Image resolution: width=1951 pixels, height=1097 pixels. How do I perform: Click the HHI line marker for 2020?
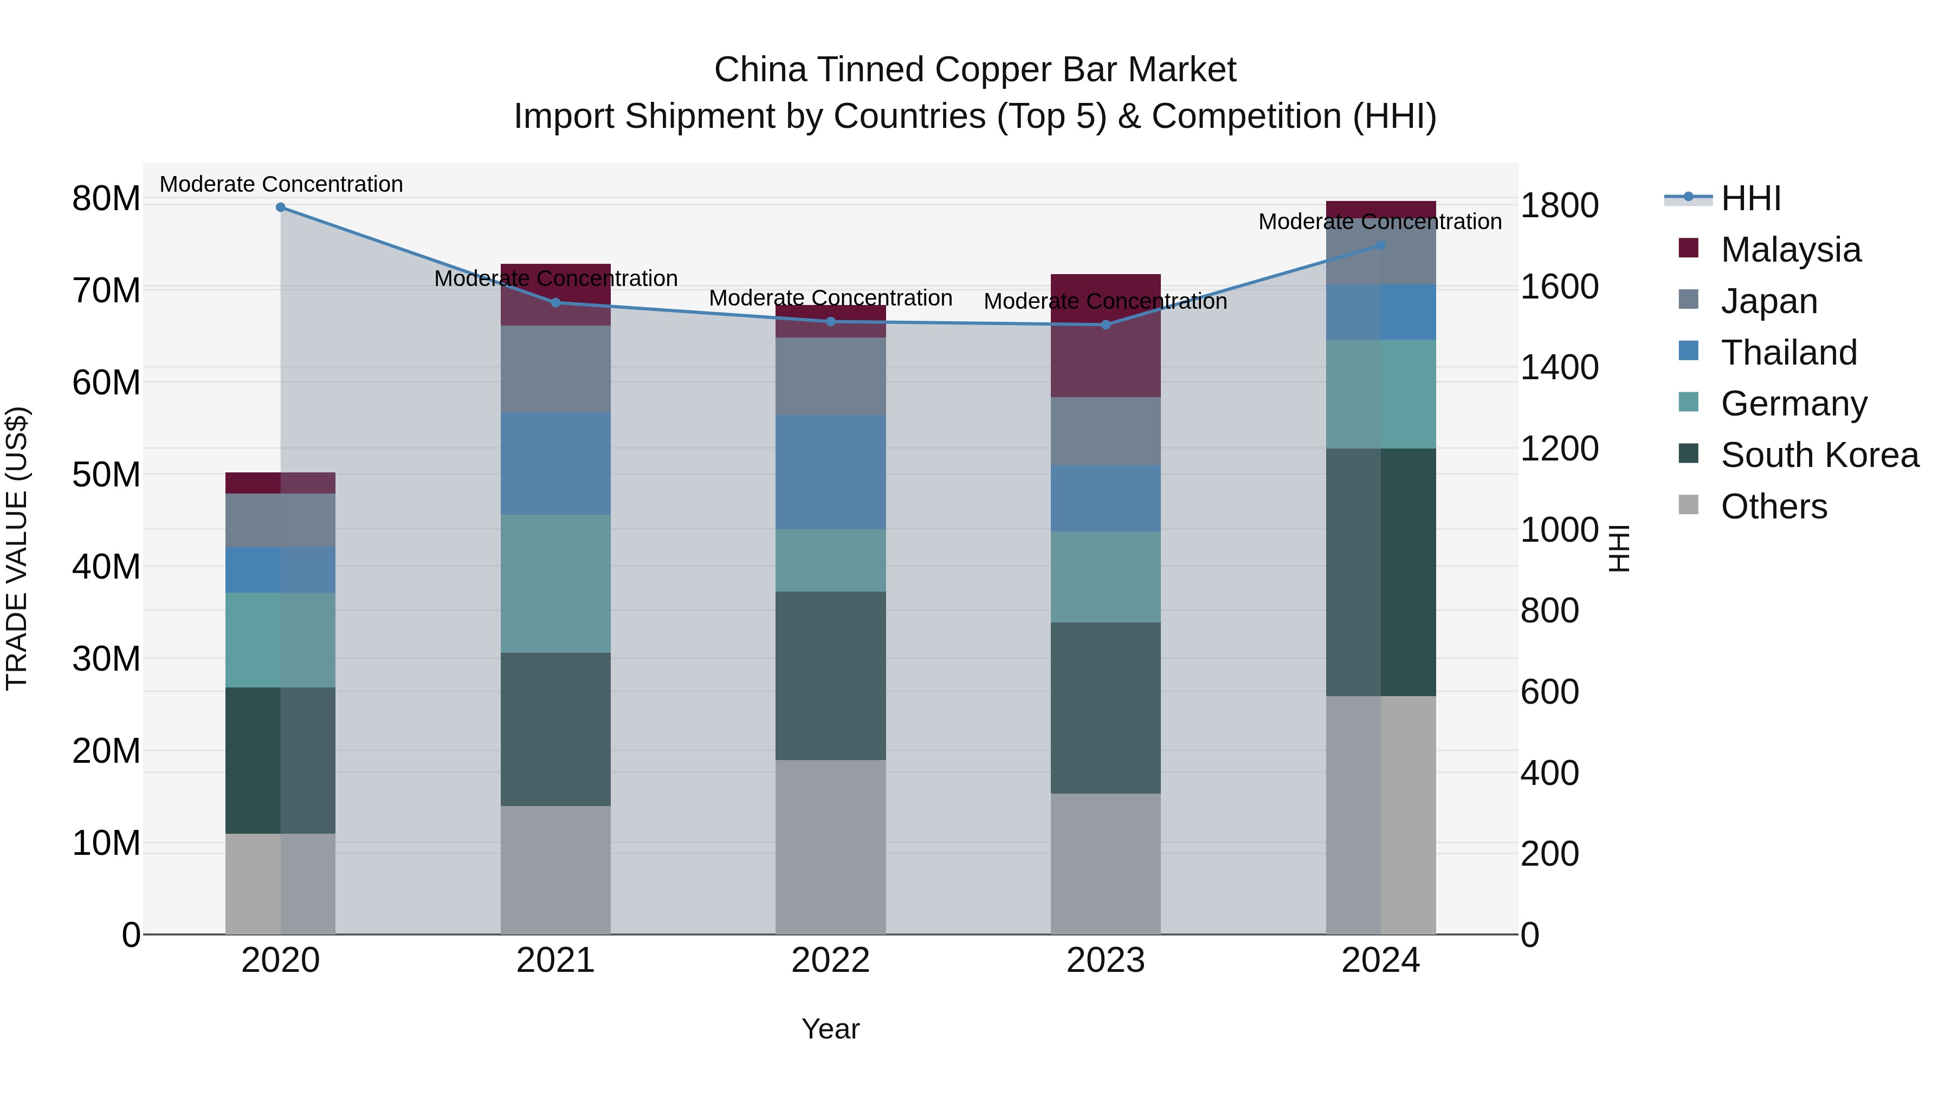click(x=280, y=207)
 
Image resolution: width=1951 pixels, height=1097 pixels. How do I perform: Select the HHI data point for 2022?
click(x=830, y=322)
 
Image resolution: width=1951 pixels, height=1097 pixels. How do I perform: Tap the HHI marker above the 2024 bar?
click(x=1380, y=245)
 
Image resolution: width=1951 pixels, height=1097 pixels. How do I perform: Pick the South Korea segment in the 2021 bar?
click(x=555, y=729)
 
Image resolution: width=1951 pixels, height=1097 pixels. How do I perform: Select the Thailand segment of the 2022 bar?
click(x=830, y=472)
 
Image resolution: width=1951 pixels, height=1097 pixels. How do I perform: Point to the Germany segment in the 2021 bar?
click(x=555, y=583)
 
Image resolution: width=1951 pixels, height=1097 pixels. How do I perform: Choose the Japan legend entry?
click(x=1768, y=301)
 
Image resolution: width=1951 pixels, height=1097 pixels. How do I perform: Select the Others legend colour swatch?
click(x=1688, y=505)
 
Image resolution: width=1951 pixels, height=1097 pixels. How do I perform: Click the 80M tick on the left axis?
click(x=106, y=199)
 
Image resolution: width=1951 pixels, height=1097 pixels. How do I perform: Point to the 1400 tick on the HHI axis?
click(x=1559, y=368)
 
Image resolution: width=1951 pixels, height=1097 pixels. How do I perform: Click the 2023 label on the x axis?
click(x=1105, y=960)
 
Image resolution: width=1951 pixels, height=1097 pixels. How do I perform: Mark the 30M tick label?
click(x=106, y=659)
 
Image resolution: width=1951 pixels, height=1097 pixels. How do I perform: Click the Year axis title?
click(x=830, y=1029)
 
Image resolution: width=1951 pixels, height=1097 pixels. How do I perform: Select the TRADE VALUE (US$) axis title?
click(x=17, y=548)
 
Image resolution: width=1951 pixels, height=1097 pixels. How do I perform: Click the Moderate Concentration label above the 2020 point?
click(x=281, y=184)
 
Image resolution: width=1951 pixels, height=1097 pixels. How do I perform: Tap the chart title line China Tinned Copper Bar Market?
click(x=975, y=70)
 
